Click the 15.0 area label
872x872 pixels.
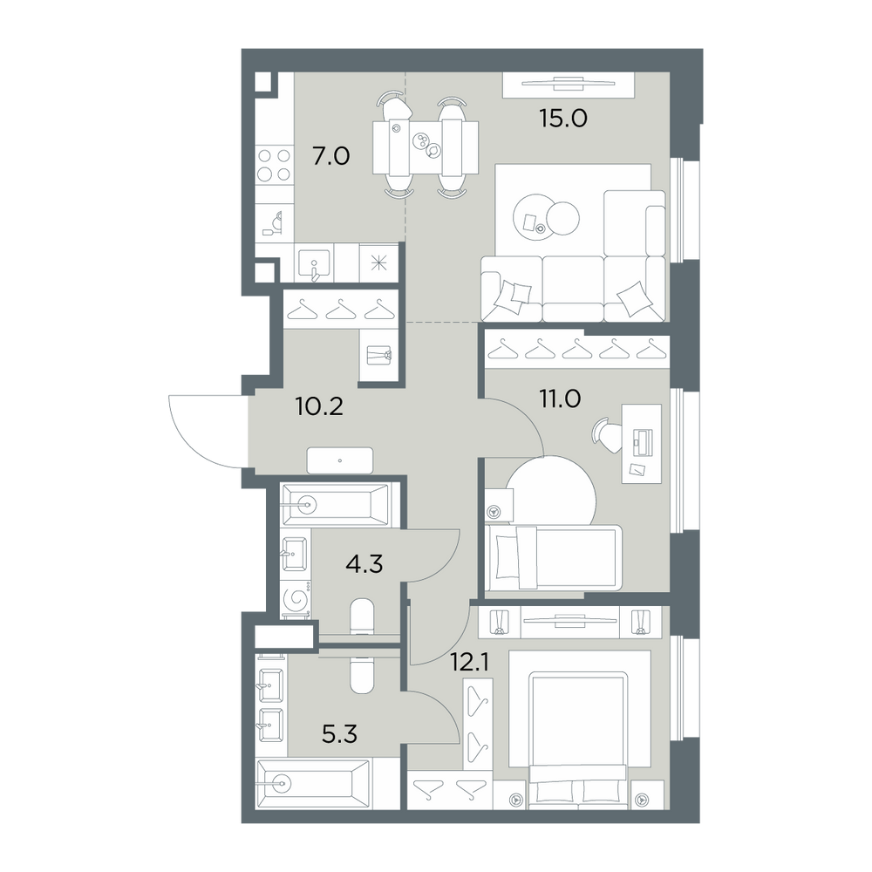pos(562,119)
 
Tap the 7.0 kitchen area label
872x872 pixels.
pos(330,156)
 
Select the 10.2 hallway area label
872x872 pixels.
pos(319,407)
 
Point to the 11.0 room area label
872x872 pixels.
pos(560,399)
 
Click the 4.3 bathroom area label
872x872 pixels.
pos(364,564)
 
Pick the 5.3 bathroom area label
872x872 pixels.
pos(339,734)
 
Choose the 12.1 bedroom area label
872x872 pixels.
pos(470,664)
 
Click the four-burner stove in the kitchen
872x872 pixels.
pos(274,165)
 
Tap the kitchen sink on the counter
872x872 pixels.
pos(314,263)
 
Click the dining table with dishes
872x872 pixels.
pos(426,147)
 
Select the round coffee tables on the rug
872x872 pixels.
pos(546,216)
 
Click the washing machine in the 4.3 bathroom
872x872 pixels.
pos(296,598)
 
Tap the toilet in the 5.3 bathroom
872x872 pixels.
pos(362,675)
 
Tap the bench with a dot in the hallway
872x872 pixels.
pos(340,460)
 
